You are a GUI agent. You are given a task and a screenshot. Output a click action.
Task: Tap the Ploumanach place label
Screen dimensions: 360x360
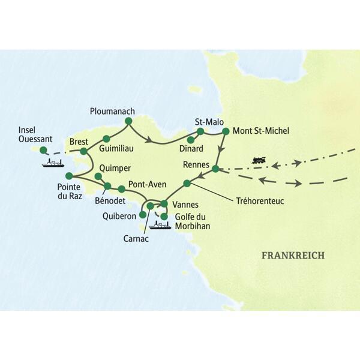[113, 111]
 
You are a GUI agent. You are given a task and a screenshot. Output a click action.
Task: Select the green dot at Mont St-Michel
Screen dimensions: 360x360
[226, 130]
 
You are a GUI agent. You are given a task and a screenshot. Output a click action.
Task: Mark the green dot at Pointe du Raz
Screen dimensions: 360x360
[69, 176]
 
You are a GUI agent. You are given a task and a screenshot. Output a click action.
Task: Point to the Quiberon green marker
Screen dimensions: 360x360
[143, 214]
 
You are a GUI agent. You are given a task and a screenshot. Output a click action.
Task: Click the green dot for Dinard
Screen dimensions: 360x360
[191, 140]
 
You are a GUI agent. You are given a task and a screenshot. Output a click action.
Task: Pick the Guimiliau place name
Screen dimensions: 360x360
[117, 146]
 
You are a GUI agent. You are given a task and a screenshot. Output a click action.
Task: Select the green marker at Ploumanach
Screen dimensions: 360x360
[127, 122]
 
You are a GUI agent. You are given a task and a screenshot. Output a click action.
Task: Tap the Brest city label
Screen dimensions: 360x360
[79, 142]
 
